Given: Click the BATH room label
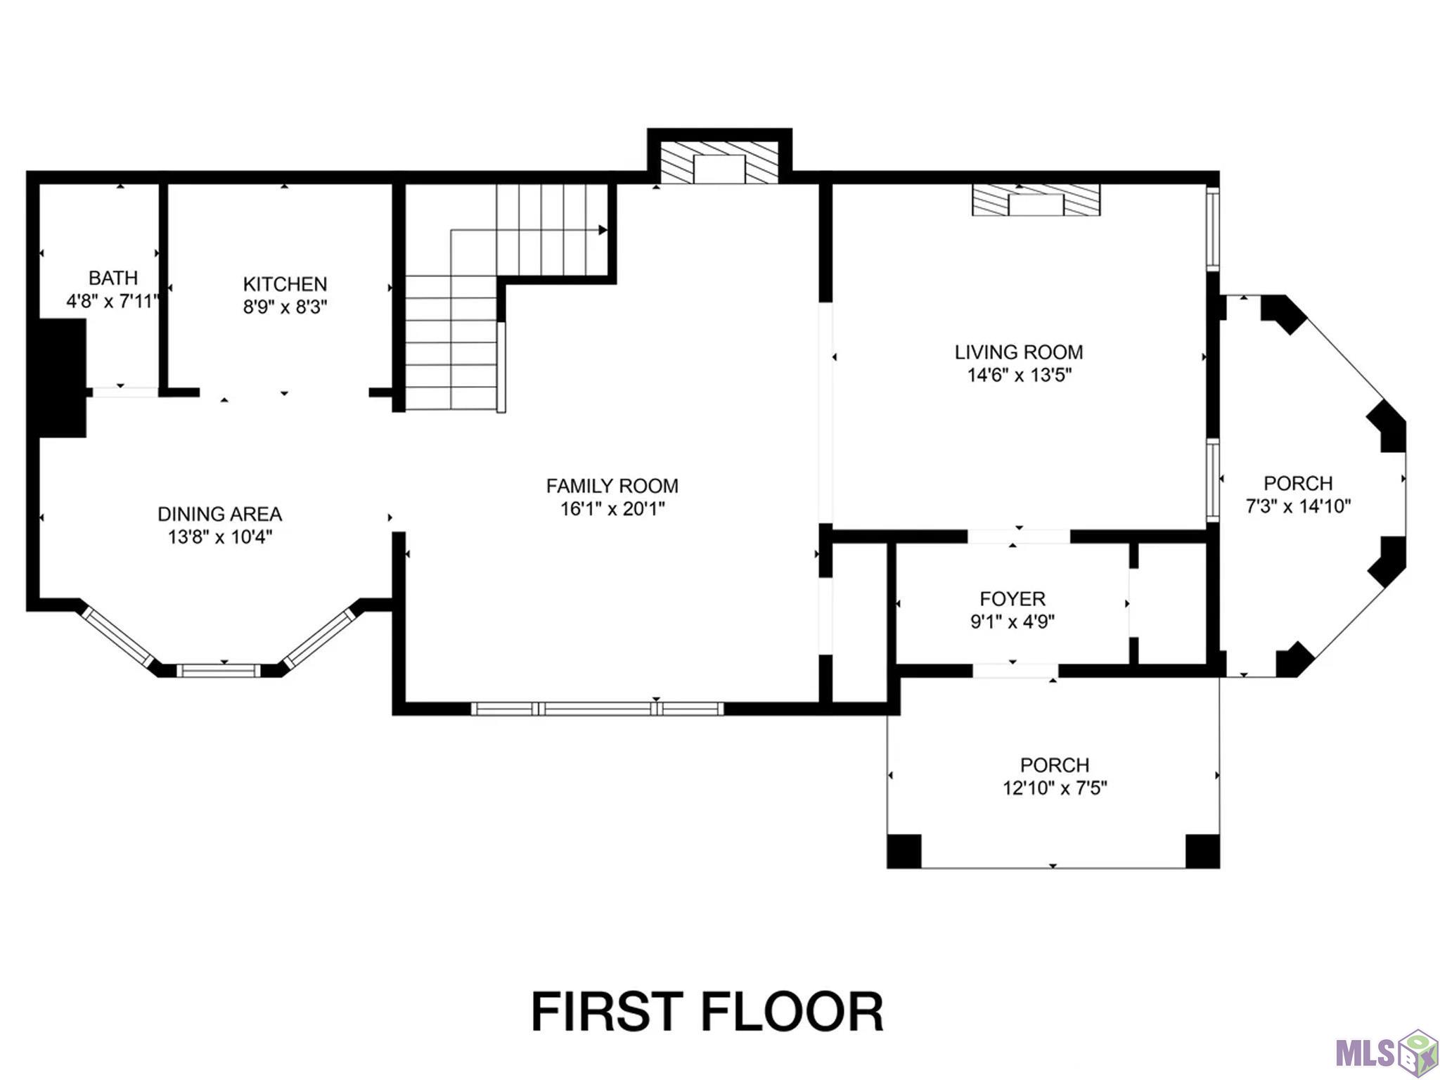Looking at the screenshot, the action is point(113,278).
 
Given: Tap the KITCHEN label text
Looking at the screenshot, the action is point(285,284).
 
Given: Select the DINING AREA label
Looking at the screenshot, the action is point(220,514).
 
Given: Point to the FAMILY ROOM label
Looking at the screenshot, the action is point(612,486).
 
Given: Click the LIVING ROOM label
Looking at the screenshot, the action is point(1019,352).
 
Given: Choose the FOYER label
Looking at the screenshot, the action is point(1012,598).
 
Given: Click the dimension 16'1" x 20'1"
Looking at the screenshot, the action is point(612,508).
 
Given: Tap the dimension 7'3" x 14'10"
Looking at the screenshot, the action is point(1299,506).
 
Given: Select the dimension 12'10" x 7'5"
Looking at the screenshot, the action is point(1055,787).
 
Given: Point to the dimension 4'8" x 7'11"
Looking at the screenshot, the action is point(113,301).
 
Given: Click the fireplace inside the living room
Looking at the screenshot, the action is point(1036,200).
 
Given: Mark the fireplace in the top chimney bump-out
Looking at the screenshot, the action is point(719,162).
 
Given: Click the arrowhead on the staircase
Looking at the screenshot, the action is point(603,230).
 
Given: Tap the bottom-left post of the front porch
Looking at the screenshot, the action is point(904,851).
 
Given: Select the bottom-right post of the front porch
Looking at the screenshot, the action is point(1202,851).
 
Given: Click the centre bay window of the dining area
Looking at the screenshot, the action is point(218,671).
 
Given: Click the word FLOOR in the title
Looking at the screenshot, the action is point(792,1012).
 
